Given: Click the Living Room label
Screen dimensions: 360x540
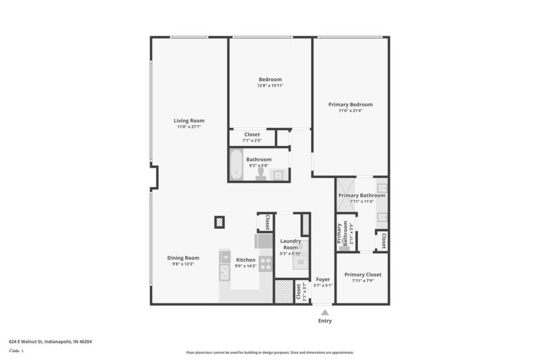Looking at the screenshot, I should (x=188, y=120).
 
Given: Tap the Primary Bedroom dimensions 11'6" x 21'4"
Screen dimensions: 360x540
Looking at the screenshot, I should (x=350, y=111).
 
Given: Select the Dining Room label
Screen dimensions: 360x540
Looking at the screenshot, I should (x=183, y=258).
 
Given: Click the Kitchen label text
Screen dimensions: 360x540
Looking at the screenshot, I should (x=246, y=260).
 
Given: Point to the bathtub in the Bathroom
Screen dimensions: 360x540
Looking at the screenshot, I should (x=236, y=165).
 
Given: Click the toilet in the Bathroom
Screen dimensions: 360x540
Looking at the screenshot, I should (x=260, y=174).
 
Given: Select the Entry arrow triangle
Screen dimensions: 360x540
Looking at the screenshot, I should (x=325, y=312).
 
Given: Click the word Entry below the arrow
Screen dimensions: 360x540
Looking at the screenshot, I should (x=325, y=321).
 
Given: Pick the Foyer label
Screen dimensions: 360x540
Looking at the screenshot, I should (x=323, y=280).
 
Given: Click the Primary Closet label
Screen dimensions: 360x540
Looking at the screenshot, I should (x=363, y=274).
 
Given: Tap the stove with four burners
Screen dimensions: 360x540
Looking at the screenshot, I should (x=265, y=264).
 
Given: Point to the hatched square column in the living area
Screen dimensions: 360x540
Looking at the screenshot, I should (x=220, y=222).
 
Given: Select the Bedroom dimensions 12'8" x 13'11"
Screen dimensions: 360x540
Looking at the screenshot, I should (x=270, y=85).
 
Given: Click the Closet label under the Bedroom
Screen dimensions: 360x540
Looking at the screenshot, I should (x=251, y=134).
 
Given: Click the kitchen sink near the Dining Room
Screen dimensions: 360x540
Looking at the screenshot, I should (x=224, y=273).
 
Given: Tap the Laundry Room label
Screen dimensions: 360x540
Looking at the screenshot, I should (x=291, y=244).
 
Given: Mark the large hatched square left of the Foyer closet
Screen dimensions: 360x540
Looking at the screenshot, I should (x=283, y=291).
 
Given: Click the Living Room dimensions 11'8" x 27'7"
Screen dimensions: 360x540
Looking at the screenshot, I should (x=188, y=127).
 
